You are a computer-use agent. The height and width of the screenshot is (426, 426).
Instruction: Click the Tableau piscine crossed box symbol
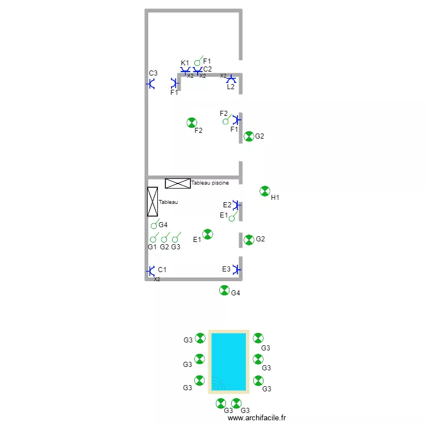(x=178, y=183)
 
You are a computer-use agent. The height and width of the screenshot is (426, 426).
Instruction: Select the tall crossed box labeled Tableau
(x=152, y=202)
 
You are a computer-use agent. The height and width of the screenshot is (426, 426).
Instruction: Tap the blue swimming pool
(x=228, y=361)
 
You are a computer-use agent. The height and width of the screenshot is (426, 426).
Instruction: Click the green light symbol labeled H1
(x=265, y=191)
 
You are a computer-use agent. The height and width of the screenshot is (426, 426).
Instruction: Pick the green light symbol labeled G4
(x=224, y=291)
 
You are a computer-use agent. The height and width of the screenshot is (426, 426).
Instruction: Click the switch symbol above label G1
(x=153, y=239)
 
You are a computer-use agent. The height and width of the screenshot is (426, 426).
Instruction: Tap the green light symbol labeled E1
(x=208, y=234)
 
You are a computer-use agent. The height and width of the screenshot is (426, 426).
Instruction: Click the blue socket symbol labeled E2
(x=237, y=205)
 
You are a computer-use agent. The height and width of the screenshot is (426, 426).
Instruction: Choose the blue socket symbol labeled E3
(x=237, y=269)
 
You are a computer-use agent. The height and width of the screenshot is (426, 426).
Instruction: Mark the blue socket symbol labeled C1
(x=151, y=271)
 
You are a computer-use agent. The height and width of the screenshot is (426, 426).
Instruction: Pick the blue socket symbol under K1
(x=185, y=71)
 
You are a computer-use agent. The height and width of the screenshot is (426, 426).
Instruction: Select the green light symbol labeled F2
(x=192, y=123)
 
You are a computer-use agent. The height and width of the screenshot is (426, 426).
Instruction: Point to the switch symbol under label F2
(x=226, y=120)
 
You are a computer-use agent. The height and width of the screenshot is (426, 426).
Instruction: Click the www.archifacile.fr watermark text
(x=257, y=418)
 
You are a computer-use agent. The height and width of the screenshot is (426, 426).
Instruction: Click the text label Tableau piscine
(x=210, y=183)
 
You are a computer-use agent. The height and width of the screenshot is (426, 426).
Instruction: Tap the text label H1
(x=275, y=198)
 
